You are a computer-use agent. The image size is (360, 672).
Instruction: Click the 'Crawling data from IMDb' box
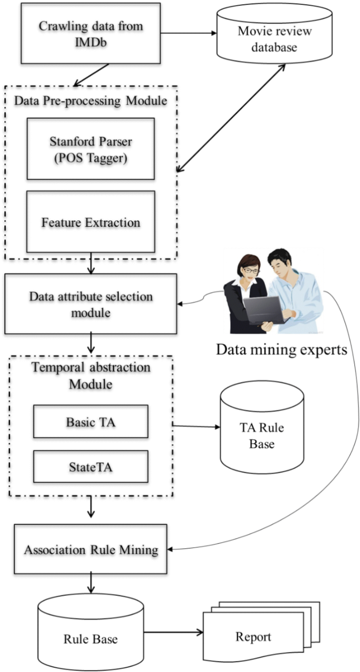click(90, 33)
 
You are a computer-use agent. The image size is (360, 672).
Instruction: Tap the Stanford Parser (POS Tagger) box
click(90, 149)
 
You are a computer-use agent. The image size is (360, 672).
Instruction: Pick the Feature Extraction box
click(90, 222)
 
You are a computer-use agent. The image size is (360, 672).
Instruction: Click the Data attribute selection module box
click(90, 306)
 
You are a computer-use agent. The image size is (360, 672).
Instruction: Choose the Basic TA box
click(90, 422)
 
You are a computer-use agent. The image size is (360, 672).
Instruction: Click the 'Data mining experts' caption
click(282, 349)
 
